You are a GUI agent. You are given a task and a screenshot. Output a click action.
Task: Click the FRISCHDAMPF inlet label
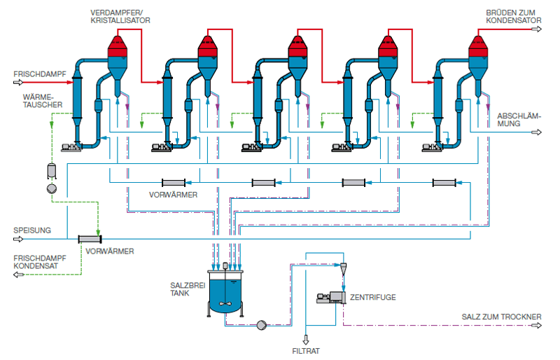click(x=40, y=74)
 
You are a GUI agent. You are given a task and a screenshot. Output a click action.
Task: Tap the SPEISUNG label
click(x=32, y=230)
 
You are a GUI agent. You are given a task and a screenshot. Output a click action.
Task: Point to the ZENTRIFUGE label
click(x=373, y=297)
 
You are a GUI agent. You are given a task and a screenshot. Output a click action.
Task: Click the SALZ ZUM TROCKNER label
click(x=501, y=317)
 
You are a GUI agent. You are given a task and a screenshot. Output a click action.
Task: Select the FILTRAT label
click(x=306, y=351)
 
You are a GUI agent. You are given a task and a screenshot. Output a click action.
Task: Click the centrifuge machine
click(x=331, y=298)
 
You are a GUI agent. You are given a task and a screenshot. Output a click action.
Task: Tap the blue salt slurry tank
click(x=225, y=293)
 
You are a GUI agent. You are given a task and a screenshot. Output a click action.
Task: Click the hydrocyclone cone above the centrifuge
click(x=343, y=269)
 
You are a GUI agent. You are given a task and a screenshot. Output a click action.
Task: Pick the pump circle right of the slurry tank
click(x=262, y=325)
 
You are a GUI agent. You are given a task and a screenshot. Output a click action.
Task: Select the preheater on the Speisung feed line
click(x=90, y=239)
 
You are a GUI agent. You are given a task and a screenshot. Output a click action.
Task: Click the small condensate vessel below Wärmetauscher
click(x=52, y=171)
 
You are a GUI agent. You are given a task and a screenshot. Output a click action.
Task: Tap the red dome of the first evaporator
click(x=118, y=46)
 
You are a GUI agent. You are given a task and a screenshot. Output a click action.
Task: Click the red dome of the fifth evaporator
click(x=478, y=46)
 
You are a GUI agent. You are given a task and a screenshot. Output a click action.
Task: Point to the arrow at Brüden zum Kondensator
click(x=537, y=29)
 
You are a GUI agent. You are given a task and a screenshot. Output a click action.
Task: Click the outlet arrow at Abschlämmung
click(x=537, y=132)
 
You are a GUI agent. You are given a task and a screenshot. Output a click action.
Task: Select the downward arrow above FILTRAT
click(x=306, y=340)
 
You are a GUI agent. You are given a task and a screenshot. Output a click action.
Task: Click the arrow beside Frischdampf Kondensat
click(x=19, y=275)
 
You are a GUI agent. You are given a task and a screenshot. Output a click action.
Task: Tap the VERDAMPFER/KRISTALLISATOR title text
click(x=120, y=17)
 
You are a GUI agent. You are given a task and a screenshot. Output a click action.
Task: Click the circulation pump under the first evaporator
click(x=71, y=147)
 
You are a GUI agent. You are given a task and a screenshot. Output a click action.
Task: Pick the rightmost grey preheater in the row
click(x=444, y=183)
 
